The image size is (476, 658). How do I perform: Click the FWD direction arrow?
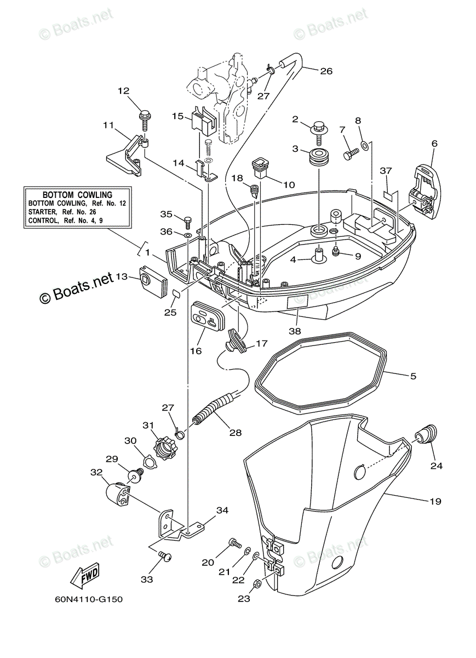click(x=84, y=575)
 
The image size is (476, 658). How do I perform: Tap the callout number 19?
click(x=435, y=501)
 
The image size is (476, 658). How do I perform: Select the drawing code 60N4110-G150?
click(x=88, y=599)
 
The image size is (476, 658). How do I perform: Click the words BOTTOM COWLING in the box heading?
click(x=77, y=195)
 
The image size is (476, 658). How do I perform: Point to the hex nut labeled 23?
click(x=259, y=583)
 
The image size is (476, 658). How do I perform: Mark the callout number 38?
click(x=295, y=331)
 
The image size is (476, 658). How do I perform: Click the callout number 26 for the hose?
click(x=326, y=71)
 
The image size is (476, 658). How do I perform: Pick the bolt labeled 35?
click(x=186, y=222)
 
